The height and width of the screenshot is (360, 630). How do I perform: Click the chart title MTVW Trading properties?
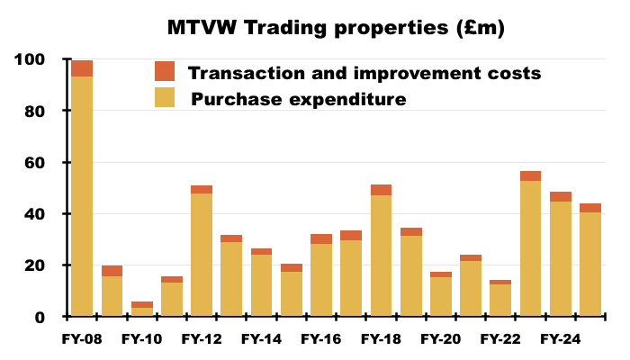coord(336,28)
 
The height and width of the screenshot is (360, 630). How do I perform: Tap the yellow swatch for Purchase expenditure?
coord(165,98)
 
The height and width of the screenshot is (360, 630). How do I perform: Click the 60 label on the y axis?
coord(35,163)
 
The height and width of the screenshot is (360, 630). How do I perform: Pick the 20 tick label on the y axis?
coord(35,266)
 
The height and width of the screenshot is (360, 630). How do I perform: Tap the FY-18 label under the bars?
coord(381,339)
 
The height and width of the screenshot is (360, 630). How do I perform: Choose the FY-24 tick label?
coord(560,339)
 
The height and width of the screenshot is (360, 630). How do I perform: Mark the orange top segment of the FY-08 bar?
coord(82,68)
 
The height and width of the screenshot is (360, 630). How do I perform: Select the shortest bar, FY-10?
coord(142,310)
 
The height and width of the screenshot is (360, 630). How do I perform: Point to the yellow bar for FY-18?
coord(381,256)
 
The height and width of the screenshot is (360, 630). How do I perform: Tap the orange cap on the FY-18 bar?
coord(381,190)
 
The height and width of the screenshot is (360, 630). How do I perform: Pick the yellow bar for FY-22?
coord(500,300)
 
